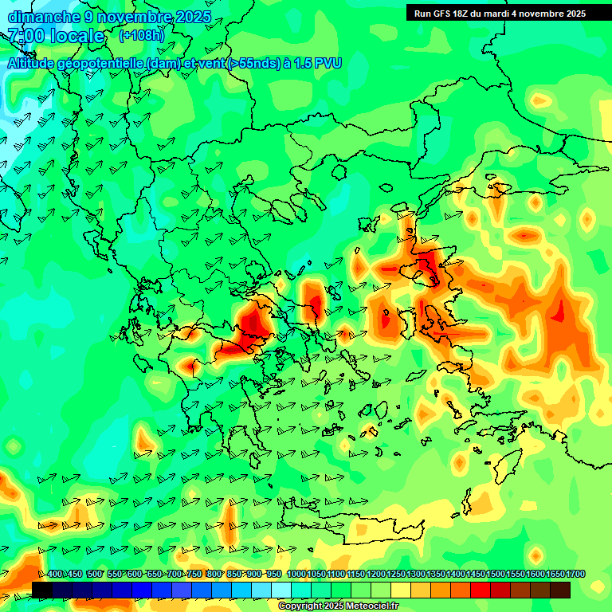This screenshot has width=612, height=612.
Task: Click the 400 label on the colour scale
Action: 55,575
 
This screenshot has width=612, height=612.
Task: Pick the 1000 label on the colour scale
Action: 296,575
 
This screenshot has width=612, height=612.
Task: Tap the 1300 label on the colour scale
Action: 416,575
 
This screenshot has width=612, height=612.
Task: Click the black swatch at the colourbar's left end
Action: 42,590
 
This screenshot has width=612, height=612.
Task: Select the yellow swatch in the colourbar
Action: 401,590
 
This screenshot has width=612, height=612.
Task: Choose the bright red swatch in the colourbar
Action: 481,590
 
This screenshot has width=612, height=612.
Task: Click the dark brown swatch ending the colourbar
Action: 560,590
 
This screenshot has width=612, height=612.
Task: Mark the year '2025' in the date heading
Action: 191,17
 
